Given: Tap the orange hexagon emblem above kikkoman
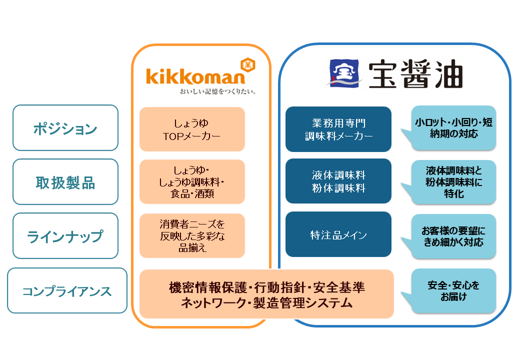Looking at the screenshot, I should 245,64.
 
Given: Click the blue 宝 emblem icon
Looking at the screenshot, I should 344,73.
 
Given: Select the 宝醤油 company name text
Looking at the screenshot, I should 415,75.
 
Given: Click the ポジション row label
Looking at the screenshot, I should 65,128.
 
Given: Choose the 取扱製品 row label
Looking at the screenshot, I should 65,182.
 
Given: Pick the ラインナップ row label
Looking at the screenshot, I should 65,236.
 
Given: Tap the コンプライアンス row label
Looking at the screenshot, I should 67,290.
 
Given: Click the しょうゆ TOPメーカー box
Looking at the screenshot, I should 192,129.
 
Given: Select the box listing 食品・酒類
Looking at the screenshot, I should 192,181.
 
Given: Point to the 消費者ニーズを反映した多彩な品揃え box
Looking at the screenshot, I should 192,235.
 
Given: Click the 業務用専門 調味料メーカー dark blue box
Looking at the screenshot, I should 338,129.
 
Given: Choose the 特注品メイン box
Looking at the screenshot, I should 338,234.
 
